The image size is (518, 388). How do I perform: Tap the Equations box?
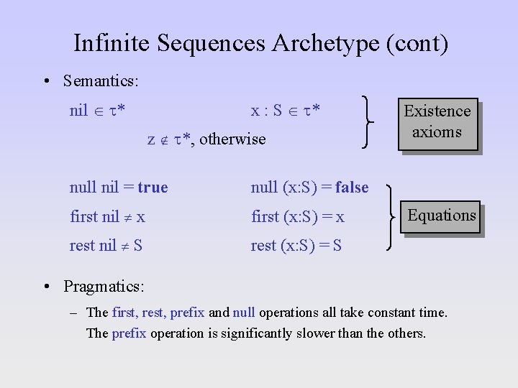pyautogui.click(x=441, y=216)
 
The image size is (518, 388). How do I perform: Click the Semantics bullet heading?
pyautogui.click(x=101, y=80)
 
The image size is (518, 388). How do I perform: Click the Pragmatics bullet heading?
pyautogui.click(x=104, y=286)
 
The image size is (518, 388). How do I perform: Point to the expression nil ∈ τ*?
pyautogui.click(x=99, y=111)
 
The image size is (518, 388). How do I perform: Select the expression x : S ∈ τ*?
pyautogui.click(x=285, y=111)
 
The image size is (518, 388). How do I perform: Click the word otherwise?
pyautogui.click(x=232, y=139)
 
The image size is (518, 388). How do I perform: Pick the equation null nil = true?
pyautogui.click(x=119, y=188)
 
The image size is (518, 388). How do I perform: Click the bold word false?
pyautogui.click(x=352, y=188)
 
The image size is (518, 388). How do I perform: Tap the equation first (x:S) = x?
pyautogui.click(x=298, y=217)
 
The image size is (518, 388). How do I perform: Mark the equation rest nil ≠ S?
pyautogui.click(x=106, y=246)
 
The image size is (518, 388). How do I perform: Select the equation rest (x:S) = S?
pyautogui.click(x=296, y=246)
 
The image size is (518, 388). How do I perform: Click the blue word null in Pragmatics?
pyautogui.click(x=244, y=313)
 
